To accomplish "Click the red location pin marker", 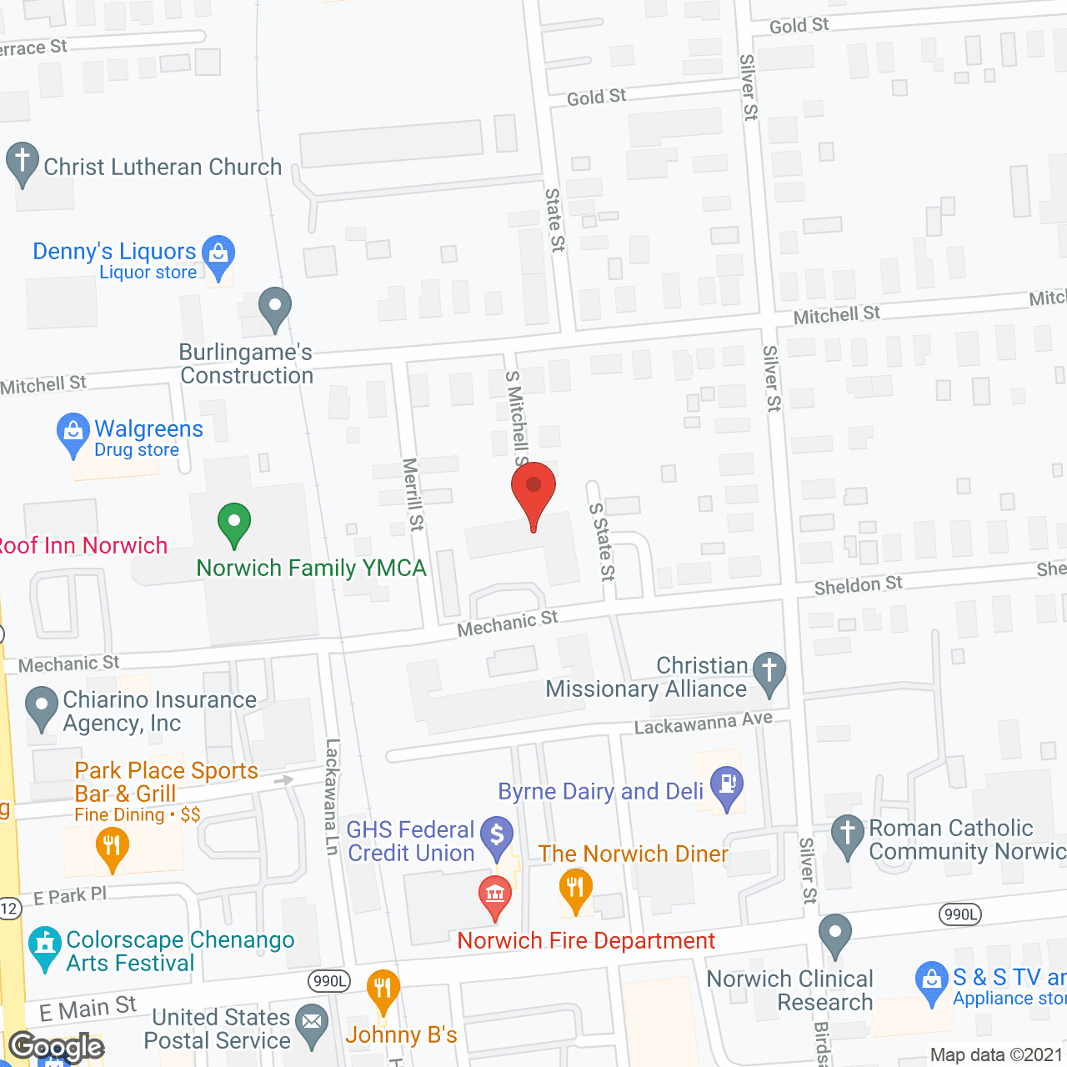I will click(533, 488).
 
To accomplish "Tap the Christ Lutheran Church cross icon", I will click(23, 162).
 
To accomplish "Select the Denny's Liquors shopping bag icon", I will click(218, 253).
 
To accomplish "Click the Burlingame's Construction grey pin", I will click(274, 308).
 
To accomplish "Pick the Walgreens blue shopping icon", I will click(73, 432).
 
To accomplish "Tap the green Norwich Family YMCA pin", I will click(234, 523).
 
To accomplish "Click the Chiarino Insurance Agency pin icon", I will click(42, 706).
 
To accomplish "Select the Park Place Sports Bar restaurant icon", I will click(112, 847).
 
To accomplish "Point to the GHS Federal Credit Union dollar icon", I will click(498, 836).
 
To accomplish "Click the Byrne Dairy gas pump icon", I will click(728, 785).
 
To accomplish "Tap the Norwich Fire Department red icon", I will click(495, 895).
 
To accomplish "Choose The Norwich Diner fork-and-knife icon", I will click(575, 887).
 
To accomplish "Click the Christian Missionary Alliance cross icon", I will click(769, 671).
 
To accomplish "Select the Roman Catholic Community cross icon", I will click(848, 834).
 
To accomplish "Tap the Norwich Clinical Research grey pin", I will click(834, 934).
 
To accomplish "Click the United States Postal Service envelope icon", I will click(313, 1023).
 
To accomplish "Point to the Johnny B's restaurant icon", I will click(383, 990).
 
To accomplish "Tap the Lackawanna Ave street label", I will click(704, 723).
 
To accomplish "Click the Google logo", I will click(57, 1047).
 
